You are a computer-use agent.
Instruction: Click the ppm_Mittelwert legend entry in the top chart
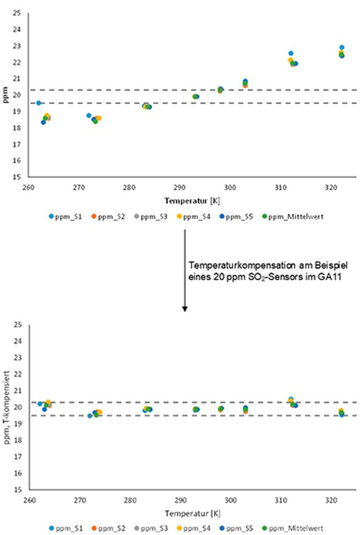(x=303, y=216)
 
